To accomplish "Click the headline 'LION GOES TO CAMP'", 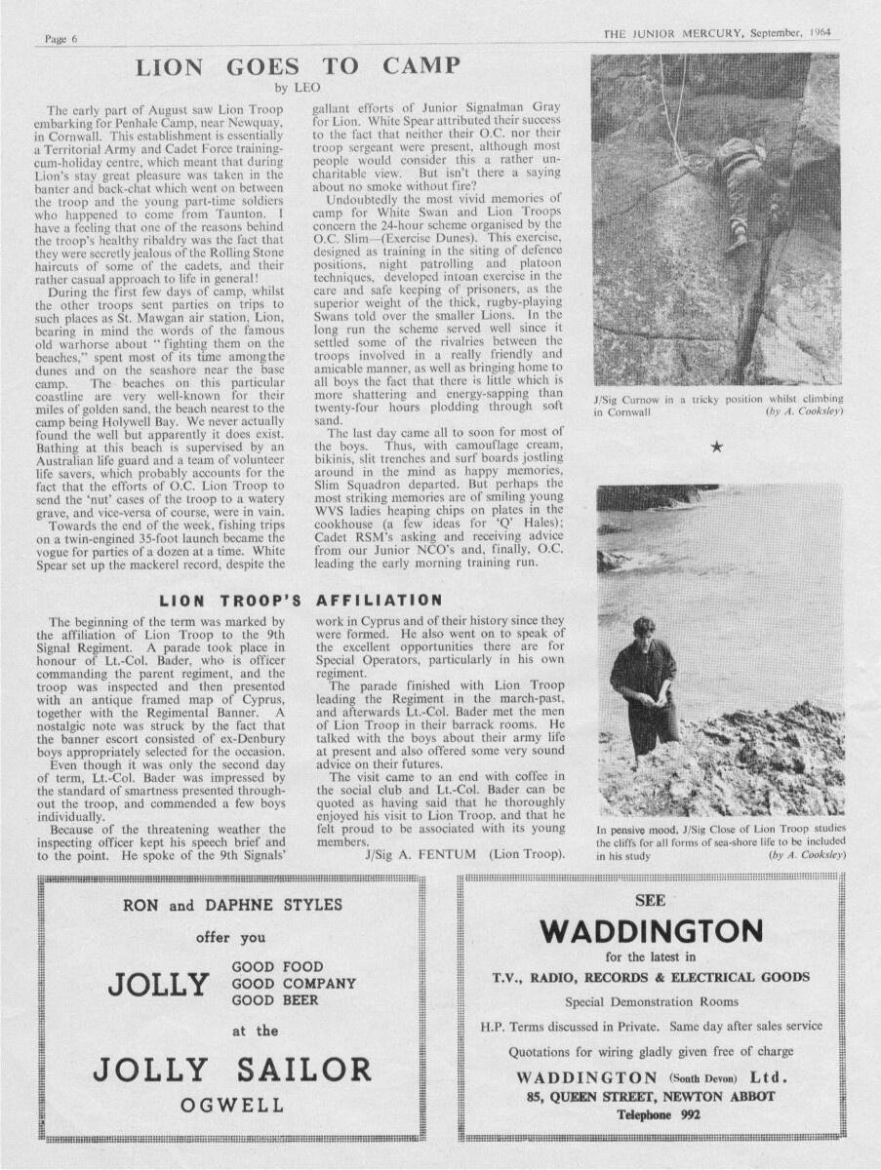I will coord(298,67).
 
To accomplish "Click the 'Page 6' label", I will coord(60,38).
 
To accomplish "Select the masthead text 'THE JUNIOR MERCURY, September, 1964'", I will coord(717,32).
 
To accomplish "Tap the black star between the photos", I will coord(717,447).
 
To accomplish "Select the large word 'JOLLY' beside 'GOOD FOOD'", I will coord(159,984).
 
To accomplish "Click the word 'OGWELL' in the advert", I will coord(232,1106).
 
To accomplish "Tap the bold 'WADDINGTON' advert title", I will coord(651,931).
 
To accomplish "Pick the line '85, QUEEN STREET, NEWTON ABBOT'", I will coord(651,1097).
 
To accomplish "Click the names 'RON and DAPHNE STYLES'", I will coord(232,905).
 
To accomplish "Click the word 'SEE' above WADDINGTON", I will coord(650,900).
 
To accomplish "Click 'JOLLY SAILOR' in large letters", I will coord(232,1069).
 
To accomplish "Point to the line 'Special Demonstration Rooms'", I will coord(651,1001).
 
